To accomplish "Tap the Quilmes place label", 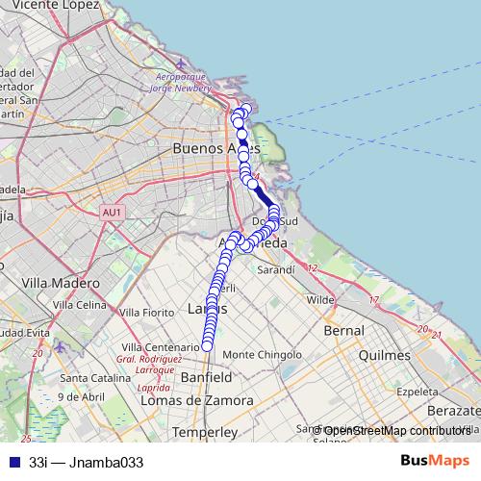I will coord(384,355).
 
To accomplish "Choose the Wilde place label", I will coord(320,300).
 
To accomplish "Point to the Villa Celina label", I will coord(80,305).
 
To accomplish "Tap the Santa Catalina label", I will coord(94,376).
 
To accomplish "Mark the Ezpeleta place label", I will coord(418,392).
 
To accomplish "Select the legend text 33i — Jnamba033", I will coord(86,462).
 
